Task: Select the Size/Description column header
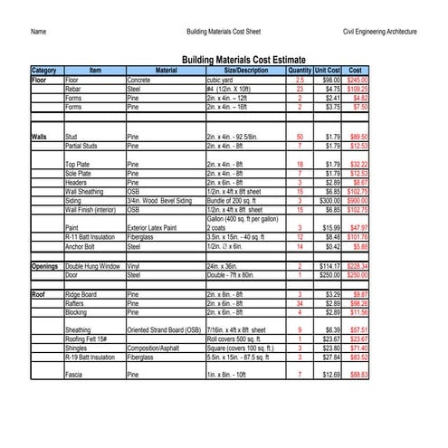pos(245,70)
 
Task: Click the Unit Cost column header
pos(327,70)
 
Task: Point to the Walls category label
pos(40,137)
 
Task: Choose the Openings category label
pos(45,267)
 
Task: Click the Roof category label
pos(39,295)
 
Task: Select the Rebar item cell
pos(75,90)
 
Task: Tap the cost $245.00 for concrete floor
pos(357,81)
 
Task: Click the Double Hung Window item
pos(93,267)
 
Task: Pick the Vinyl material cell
pos(134,267)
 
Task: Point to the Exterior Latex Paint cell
pos(157,228)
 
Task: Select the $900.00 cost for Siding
pos(357,200)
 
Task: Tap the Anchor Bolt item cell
pos(81,246)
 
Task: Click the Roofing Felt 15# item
pos(88,339)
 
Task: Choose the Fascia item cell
pos(75,375)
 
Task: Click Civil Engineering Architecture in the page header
pos(379,32)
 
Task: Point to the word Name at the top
pos(39,32)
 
